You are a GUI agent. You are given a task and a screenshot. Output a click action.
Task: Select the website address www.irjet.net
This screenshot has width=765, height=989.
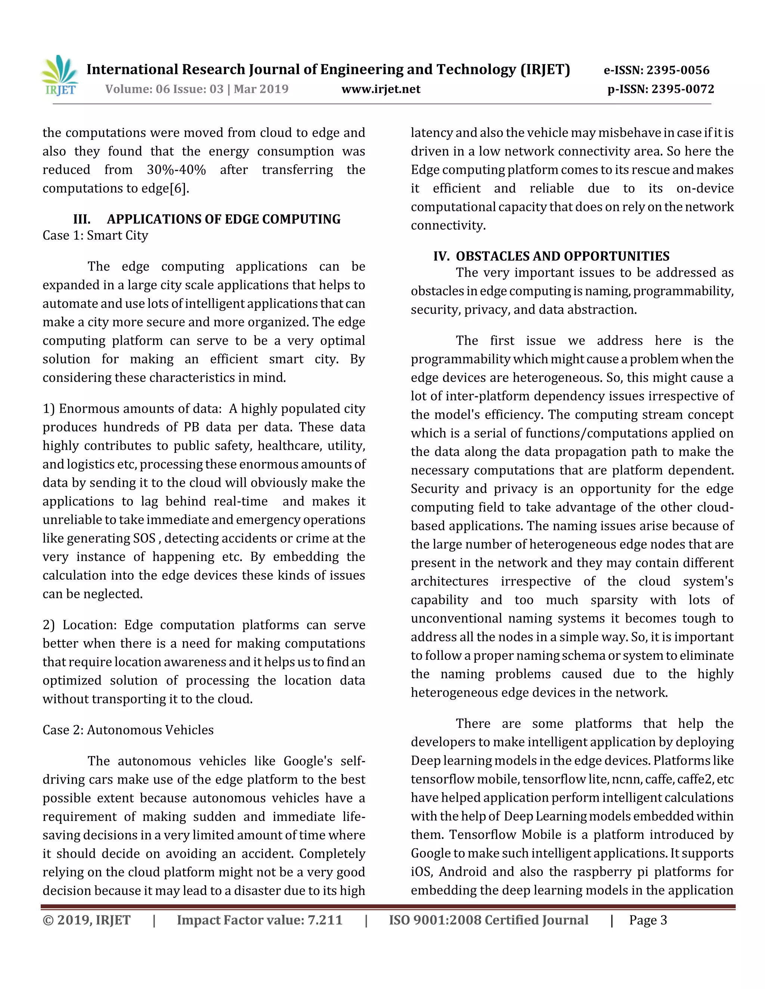tap(381, 89)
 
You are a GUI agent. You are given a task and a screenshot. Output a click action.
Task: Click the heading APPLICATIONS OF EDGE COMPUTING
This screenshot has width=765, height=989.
tap(223, 219)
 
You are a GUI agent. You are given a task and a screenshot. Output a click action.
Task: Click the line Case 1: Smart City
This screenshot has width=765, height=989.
tap(95, 235)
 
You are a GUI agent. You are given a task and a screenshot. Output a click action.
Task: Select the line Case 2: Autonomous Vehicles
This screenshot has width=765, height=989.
tap(128, 730)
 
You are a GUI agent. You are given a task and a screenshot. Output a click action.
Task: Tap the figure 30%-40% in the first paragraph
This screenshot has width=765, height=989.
tap(176, 170)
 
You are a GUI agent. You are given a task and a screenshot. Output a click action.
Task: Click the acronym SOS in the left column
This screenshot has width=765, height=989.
tap(145, 539)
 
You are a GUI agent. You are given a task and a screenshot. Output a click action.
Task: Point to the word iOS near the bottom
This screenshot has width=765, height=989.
tap(422, 872)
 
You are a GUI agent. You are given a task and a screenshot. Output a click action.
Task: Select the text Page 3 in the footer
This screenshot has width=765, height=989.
tap(648, 920)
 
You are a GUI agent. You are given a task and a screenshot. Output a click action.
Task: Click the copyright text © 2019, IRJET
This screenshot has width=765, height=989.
tap(86, 920)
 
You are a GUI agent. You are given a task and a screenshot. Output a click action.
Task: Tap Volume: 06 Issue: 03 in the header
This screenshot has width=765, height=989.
tap(164, 89)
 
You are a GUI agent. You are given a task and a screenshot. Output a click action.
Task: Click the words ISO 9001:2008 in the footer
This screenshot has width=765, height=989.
tap(435, 920)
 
